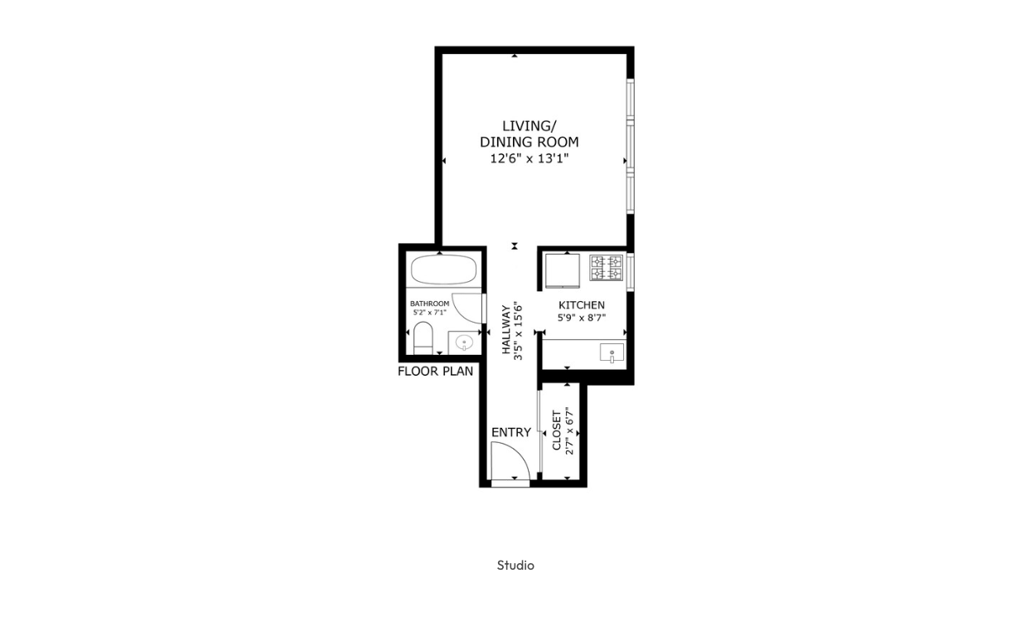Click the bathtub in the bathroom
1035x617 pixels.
pos(443,270)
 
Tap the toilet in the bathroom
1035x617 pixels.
pos(423,338)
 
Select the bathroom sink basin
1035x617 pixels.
pos(464,343)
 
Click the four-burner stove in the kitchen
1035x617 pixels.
pos(607,268)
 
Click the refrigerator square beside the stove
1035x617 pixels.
pos(563,270)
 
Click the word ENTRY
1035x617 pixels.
pos(511,432)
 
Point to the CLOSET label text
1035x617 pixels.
pos(556,430)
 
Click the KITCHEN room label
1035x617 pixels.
pos(582,305)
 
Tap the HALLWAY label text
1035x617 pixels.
pos(506,329)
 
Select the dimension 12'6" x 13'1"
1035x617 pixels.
pos(529,158)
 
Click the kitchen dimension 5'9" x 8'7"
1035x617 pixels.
pos(582,318)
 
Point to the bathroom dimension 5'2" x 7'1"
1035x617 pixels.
pos(430,312)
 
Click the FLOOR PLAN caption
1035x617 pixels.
pos(435,372)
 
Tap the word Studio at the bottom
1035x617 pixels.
pos(515,566)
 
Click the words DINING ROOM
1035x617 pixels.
pos(529,142)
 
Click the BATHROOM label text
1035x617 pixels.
pos(430,304)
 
